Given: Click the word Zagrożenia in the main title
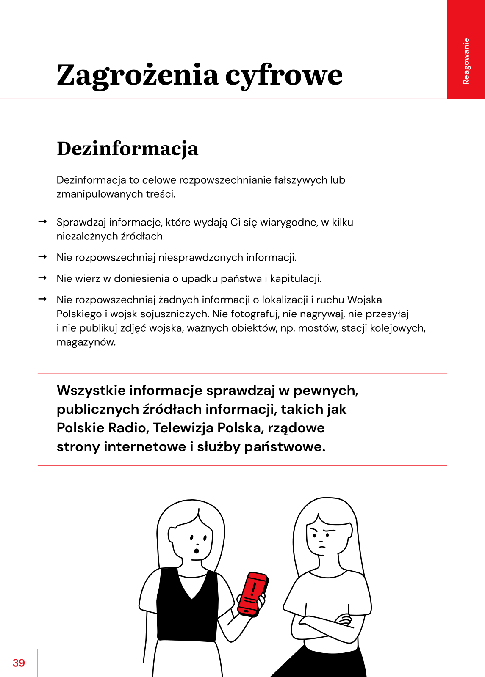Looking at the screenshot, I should pos(138,75).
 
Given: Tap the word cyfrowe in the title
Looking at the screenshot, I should pos(283,75).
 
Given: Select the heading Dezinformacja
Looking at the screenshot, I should pos(127,149).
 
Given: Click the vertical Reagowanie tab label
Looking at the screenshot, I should pos(466,61).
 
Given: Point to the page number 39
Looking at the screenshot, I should pos(19,663).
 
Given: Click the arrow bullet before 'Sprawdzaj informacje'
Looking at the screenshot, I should pos(42,222).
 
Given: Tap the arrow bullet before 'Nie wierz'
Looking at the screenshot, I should pos(42,278).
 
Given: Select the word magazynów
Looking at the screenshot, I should pos(86,342).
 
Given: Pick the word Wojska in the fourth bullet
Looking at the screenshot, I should pos(364,300).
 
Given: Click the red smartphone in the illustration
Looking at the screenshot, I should pos(253,594).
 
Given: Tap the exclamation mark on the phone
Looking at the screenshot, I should pos(254,589).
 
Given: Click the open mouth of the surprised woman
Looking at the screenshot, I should pos(197,550).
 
